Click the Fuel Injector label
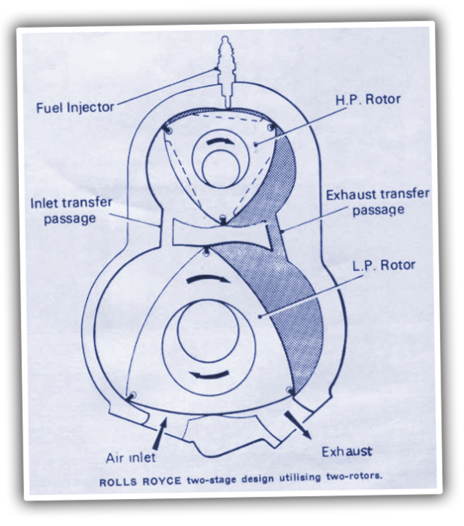point(75,107)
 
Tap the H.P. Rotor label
point(368,99)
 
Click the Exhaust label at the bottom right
point(347,451)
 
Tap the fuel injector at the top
point(224,69)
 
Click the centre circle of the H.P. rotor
point(221,170)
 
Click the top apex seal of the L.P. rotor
point(208,253)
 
